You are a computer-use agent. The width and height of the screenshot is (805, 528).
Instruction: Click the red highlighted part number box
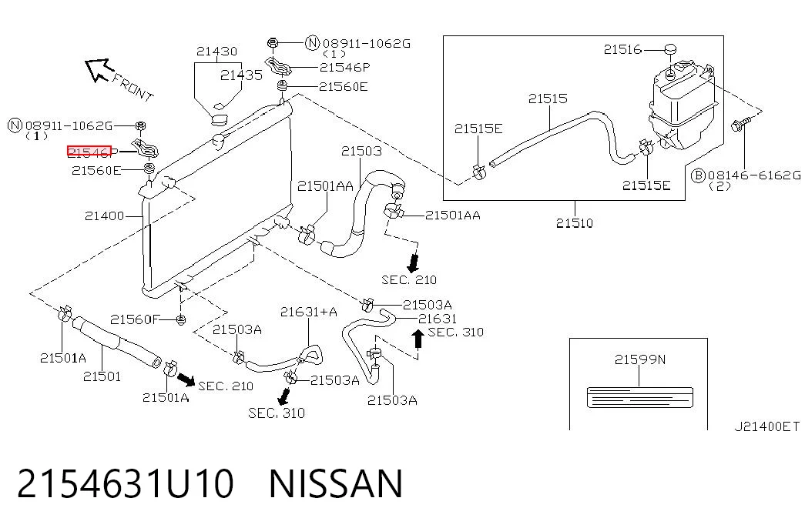(x=89, y=152)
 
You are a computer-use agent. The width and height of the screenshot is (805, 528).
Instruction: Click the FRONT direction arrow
(x=99, y=69)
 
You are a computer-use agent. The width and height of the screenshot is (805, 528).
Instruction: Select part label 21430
(x=216, y=52)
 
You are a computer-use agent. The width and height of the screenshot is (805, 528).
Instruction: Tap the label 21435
(x=241, y=75)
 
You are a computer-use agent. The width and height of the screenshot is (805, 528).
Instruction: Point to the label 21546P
(x=344, y=67)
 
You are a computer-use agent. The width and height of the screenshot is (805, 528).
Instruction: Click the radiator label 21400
(x=104, y=216)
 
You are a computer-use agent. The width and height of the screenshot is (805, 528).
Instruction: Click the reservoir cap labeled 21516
(x=670, y=49)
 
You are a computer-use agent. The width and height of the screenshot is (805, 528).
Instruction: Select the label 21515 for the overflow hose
(x=548, y=98)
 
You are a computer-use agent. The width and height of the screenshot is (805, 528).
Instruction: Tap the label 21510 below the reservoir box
(x=575, y=222)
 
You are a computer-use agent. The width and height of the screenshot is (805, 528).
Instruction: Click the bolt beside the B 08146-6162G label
(x=740, y=124)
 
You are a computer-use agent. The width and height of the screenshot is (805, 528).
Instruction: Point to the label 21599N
(x=639, y=359)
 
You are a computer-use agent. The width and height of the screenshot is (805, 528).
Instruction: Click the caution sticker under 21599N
(x=639, y=398)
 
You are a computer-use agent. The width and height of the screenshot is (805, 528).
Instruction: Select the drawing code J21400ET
(x=767, y=426)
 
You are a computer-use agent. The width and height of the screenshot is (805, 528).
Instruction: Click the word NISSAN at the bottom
(x=336, y=483)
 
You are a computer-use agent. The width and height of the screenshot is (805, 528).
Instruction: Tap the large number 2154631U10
(x=126, y=483)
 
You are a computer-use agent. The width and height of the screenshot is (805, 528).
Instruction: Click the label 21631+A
(x=309, y=312)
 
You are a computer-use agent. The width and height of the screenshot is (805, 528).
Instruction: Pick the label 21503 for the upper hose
(x=361, y=151)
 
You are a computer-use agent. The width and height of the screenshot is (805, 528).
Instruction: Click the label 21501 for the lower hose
(x=102, y=376)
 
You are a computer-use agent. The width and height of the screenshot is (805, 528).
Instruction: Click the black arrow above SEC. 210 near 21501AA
(x=413, y=262)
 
